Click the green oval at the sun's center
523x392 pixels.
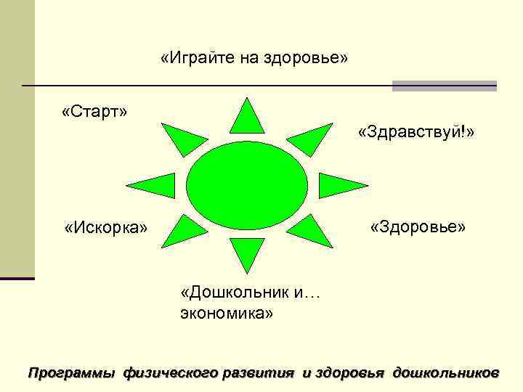[x=248, y=184]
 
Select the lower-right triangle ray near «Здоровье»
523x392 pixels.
[x=310, y=232]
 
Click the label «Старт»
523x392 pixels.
[x=94, y=112]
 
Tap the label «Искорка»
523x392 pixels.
[x=105, y=228]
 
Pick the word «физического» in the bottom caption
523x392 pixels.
[x=171, y=373]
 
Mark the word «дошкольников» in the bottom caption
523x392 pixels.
[x=445, y=373]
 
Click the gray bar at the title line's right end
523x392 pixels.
[x=444, y=86]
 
